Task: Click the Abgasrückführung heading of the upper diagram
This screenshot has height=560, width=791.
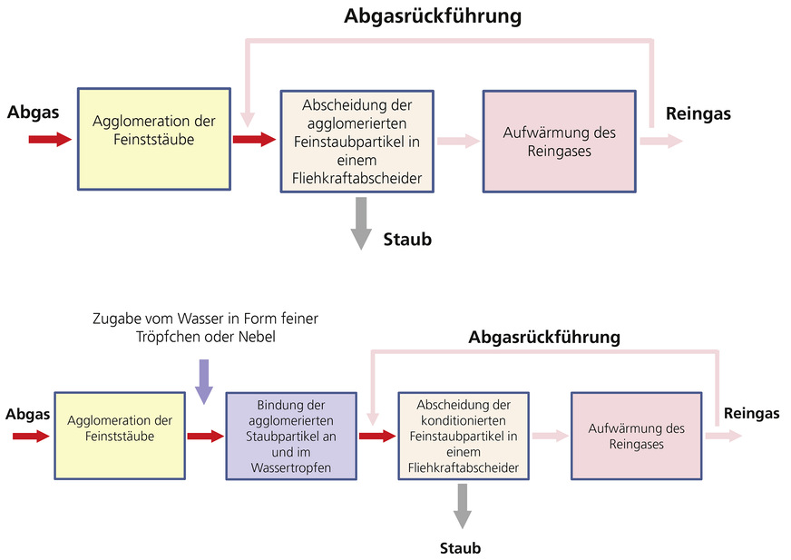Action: coord(433,15)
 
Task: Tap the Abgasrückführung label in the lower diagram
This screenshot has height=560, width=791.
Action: coord(544,337)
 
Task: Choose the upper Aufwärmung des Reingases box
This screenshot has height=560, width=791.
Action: coord(559,141)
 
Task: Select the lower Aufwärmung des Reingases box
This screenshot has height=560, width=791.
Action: coord(636,436)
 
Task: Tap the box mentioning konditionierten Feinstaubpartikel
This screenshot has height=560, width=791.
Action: coord(463,436)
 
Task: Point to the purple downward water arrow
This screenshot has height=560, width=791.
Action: coord(204,380)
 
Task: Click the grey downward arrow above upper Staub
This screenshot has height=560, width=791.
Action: coord(361,223)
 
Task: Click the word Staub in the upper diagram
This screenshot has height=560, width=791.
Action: coord(407,240)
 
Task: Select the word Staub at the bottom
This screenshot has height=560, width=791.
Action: coord(460,548)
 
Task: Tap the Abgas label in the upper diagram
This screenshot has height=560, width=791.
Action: coord(33,113)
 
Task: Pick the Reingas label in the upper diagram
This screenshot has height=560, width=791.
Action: coord(698,113)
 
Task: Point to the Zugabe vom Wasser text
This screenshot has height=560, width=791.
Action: coord(207,328)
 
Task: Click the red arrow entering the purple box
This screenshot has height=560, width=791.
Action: coord(204,437)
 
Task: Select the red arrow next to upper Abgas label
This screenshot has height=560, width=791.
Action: coord(49,140)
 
